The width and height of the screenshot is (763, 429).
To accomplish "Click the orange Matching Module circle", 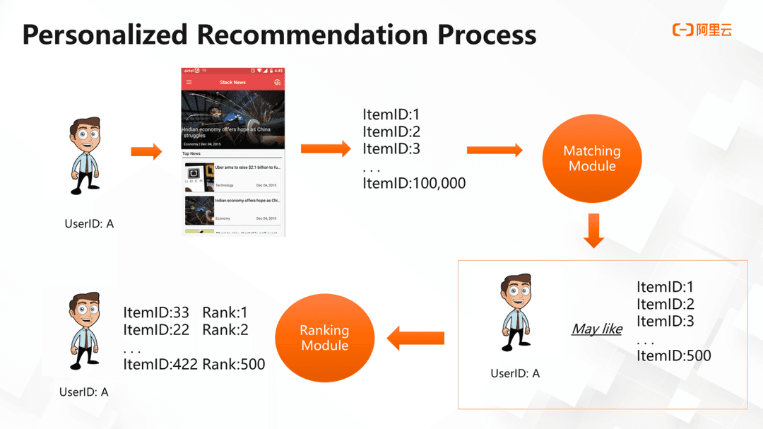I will [x=591, y=158].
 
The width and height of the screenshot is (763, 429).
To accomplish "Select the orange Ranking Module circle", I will [x=324, y=338].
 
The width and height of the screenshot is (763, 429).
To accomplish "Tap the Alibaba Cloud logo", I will [x=702, y=30].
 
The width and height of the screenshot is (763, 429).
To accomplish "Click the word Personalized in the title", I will [x=105, y=35].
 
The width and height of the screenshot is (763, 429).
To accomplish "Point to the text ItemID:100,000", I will [x=414, y=183].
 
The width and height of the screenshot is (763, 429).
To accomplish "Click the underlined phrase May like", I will [x=596, y=329].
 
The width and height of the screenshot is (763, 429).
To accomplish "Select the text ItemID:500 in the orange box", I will [x=673, y=355].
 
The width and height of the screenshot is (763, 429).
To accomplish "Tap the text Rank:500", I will [x=233, y=364].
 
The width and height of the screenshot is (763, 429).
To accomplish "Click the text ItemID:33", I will [x=156, y=312].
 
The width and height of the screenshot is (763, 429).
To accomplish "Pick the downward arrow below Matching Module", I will [x=593, y=233].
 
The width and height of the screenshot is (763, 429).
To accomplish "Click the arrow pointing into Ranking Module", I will [x=415, y=339].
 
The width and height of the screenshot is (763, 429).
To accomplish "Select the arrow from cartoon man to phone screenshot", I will [x=146, y=151].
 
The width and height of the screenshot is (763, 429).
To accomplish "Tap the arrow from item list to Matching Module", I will [x=495, y=150].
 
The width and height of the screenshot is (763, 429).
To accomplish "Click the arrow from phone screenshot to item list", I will [x=326, y=148].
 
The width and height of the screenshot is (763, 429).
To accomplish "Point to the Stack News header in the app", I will [x=232, y=82].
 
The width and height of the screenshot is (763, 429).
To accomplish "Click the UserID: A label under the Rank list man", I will [x=84, y=392].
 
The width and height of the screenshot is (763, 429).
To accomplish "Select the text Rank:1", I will [x=225, y=312].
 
